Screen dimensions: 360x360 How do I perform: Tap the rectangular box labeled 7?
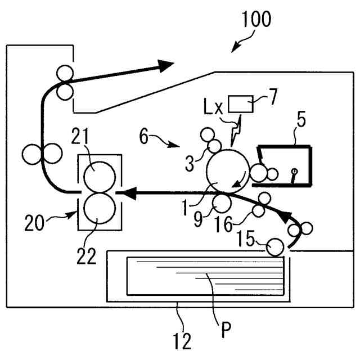(x=241, y=105)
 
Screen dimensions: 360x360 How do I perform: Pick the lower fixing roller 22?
(x=100, y=207)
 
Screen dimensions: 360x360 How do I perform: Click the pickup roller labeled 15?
(x=275, y=247)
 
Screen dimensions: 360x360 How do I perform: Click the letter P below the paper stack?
(x=226, y=329)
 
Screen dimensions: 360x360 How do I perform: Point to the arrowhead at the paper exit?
(x=165, y=66)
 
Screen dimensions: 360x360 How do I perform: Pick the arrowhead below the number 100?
(x=233, y=47)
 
